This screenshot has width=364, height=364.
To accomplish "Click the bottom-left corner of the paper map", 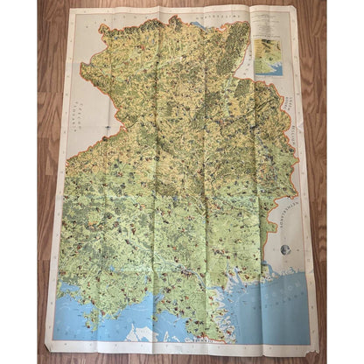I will click(x=45, y=349).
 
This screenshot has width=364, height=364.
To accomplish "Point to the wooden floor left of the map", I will click(x=22, y=175).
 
